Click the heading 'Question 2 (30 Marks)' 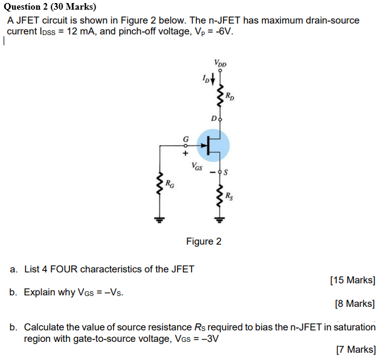point(45,7)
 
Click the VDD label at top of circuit point(219,63)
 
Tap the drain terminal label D point(213,120)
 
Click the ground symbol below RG point(160,219)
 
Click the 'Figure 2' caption point(204,242)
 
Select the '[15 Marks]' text point(352,280)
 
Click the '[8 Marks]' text point(355,304)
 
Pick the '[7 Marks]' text point(355,349)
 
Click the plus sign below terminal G point(186,152)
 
